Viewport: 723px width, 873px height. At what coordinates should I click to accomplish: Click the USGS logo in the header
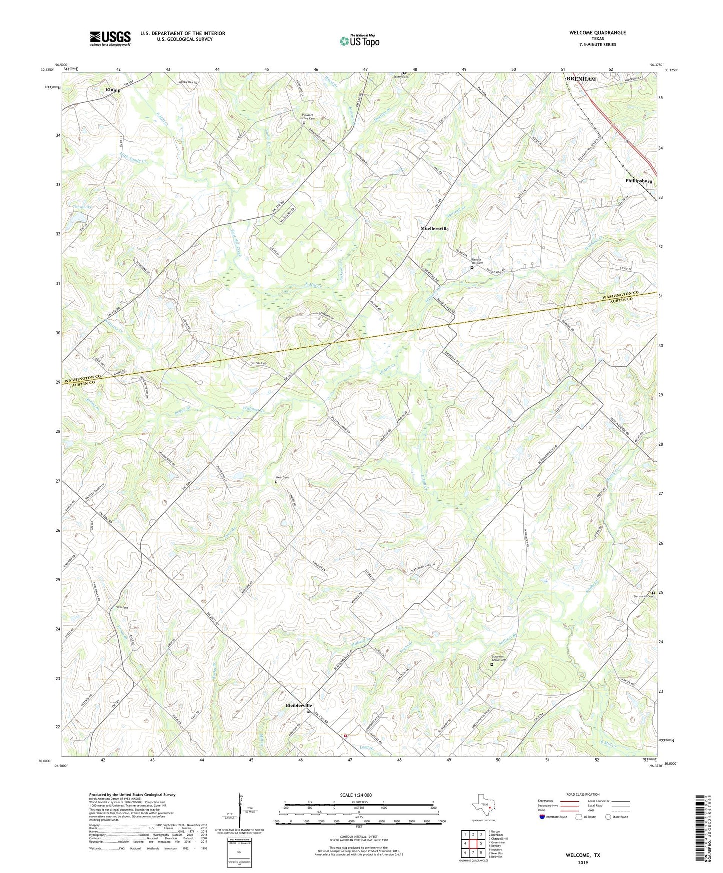(x=110, y=38)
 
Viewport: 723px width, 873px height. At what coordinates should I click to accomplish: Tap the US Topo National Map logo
(x=359, y=40)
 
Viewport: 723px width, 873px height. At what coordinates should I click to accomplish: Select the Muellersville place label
(x=434, y=228)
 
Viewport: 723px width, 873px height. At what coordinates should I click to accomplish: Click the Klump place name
(x=113, y=90)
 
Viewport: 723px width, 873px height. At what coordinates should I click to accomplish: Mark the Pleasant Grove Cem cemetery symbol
(x=304, y=123)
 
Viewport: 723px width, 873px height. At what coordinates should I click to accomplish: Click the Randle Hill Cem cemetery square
(x=472, y=268)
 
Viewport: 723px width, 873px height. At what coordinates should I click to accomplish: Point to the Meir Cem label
(x=282, y=477)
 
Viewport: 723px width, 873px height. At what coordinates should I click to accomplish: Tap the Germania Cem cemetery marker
(x=653, y=593)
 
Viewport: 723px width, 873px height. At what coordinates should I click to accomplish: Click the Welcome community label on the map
(x=122, y=607)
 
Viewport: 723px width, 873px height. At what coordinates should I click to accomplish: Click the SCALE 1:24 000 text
(x=356, y=795)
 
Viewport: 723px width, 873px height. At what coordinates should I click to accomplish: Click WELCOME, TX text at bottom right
(x=583, y=855)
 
